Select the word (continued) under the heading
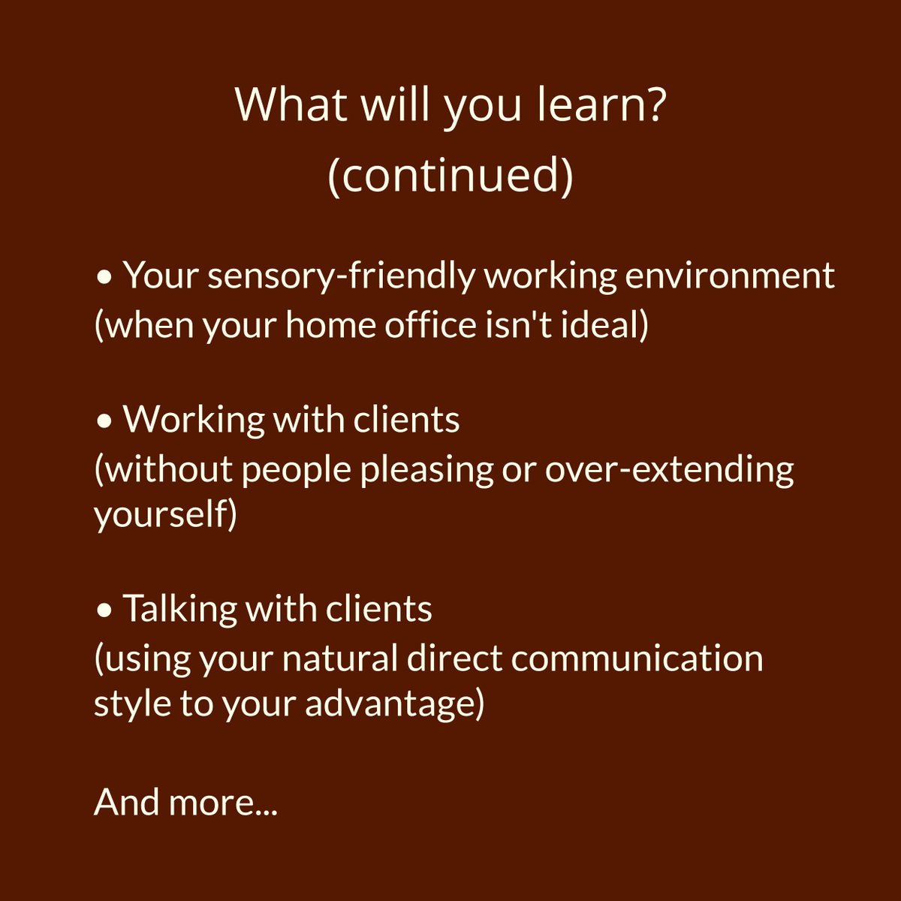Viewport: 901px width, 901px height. (x=450, y=174)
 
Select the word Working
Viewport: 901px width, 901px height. (x=193, y=420)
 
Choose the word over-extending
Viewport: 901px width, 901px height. (x=669, y=469)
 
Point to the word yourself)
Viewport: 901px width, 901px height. (x=165, y=516)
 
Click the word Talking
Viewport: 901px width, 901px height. (x=179, y=609)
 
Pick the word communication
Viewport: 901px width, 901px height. (x=637, y=658)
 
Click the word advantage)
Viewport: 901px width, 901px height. (x=394, y=705)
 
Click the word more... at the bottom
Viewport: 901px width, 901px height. (x=223, y=802)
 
